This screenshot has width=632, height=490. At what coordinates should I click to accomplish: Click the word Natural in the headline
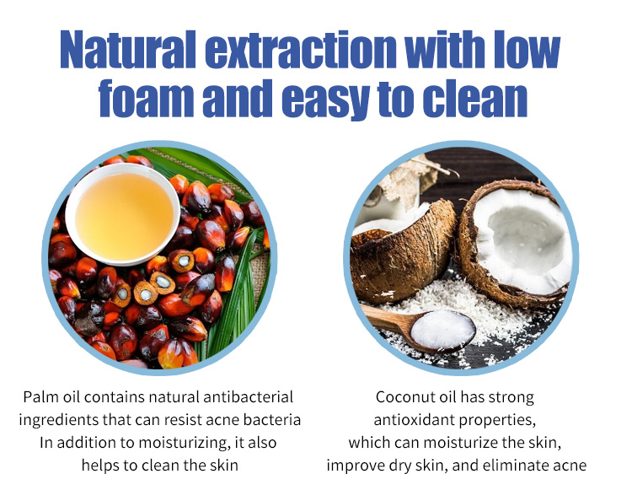tap(128, 49)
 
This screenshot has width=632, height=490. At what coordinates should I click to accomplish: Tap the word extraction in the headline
tap(301, 49)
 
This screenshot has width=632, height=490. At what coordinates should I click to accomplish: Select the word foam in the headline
tap(147, 98)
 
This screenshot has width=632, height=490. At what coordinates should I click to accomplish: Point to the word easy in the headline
tap(325, 100)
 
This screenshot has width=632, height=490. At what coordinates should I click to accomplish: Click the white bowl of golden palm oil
tap(123, 214)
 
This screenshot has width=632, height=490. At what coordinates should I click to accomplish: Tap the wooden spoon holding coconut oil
tap(418, 327)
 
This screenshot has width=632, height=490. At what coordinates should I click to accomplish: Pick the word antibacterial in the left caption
tap(249, 397)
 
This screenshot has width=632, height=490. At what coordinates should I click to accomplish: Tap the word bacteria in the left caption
tap(272, 420)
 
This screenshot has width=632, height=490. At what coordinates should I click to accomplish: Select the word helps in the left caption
tap(100, 466)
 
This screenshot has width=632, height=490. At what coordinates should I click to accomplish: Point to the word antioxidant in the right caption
tap(414, 420)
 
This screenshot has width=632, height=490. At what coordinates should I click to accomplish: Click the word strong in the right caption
tap(511, 398)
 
